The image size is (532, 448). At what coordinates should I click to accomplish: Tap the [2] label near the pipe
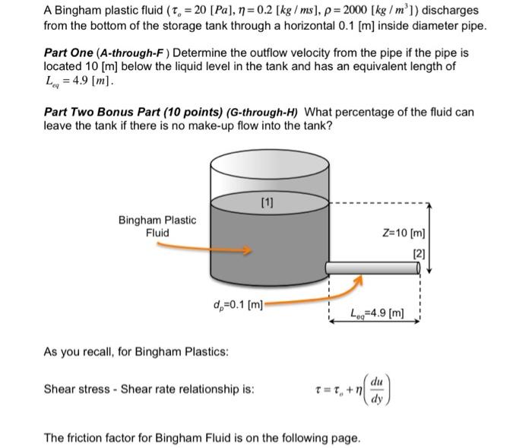pyautogui.click(x=419, y=253)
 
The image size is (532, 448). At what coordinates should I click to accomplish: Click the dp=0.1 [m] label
pyautogui.click(x=239, y=305)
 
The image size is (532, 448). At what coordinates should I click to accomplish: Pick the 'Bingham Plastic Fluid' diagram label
pyautogui.click(x=157, y=226)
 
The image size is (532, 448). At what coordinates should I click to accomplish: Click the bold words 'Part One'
pyautogui.click(x=69, y=53)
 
